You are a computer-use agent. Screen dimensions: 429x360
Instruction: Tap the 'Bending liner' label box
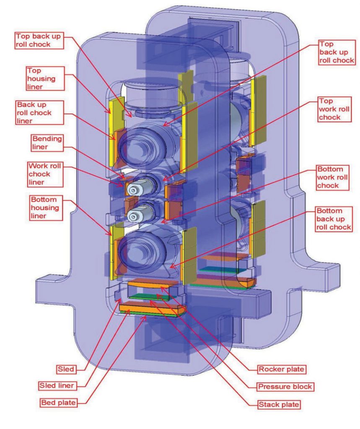coord(47,142)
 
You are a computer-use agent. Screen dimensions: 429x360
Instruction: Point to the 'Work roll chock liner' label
coord(45,173)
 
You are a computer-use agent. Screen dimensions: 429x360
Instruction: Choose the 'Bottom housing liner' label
coord(46,206)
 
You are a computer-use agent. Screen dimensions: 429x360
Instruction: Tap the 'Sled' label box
coord(66,370)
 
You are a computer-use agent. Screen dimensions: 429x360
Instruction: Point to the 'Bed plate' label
coord(59,403)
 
